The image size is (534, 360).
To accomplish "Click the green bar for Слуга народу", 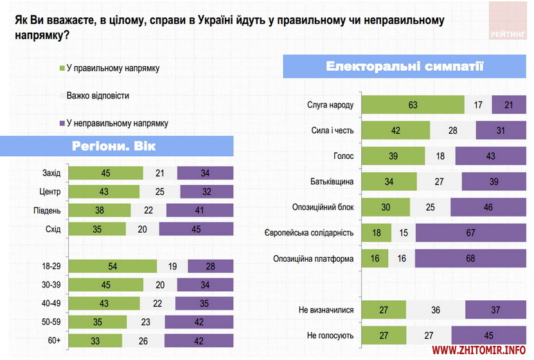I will (x=413, y=104).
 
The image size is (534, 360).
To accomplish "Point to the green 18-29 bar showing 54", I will (x=112, y=266).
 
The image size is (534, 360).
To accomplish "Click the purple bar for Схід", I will (x=195, y=229).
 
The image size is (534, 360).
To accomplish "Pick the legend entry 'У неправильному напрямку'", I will (x=116, y=122).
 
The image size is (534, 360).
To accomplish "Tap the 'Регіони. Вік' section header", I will (x=114, y=146).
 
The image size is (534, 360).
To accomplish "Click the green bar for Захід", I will (x=105, y=172).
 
